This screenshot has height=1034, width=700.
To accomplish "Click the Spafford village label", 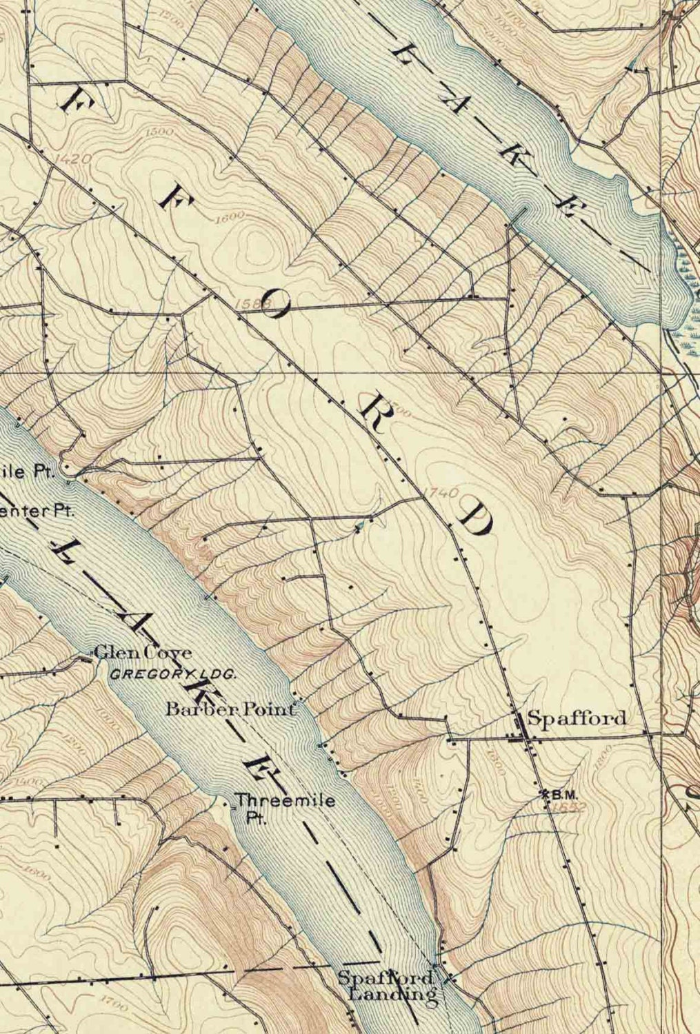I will coord(577,718).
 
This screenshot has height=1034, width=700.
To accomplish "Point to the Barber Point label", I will coord(234,708).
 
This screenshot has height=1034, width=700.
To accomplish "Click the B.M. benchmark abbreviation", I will coord(563,794).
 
